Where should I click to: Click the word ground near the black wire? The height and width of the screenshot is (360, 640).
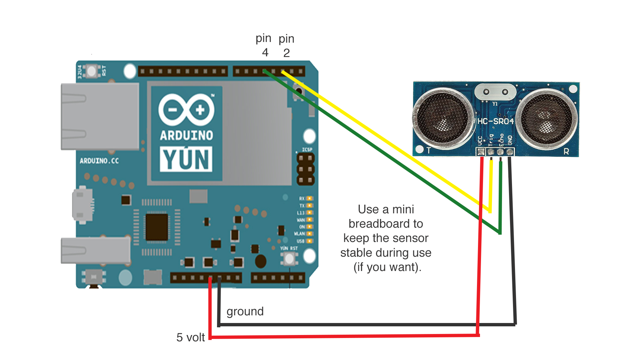click(245, 312)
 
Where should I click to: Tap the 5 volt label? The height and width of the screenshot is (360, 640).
click(190, 337)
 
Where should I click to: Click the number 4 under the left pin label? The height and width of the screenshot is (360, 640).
click(265, 53)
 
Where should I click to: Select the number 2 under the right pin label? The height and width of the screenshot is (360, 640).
click(286, 53)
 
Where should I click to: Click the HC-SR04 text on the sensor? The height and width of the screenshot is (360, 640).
click(495, 121)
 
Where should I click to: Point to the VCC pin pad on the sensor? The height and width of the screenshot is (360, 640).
click(481, 152)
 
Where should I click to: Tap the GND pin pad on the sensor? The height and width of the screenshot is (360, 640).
click(510, 152)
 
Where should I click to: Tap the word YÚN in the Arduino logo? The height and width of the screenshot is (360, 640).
click(186, 159)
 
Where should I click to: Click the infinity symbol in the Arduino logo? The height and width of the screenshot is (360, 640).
click(186, 110)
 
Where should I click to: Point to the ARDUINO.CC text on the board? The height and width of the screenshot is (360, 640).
click(99, 161)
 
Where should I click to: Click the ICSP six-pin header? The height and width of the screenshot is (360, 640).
click(305, 169)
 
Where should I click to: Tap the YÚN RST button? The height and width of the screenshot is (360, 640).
click(289, 259)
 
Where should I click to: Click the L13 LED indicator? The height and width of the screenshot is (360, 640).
click(309, 213)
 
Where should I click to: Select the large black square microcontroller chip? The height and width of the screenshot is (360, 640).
click(157, 227)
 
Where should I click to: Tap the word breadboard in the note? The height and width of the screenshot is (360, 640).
click(386, 224)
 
